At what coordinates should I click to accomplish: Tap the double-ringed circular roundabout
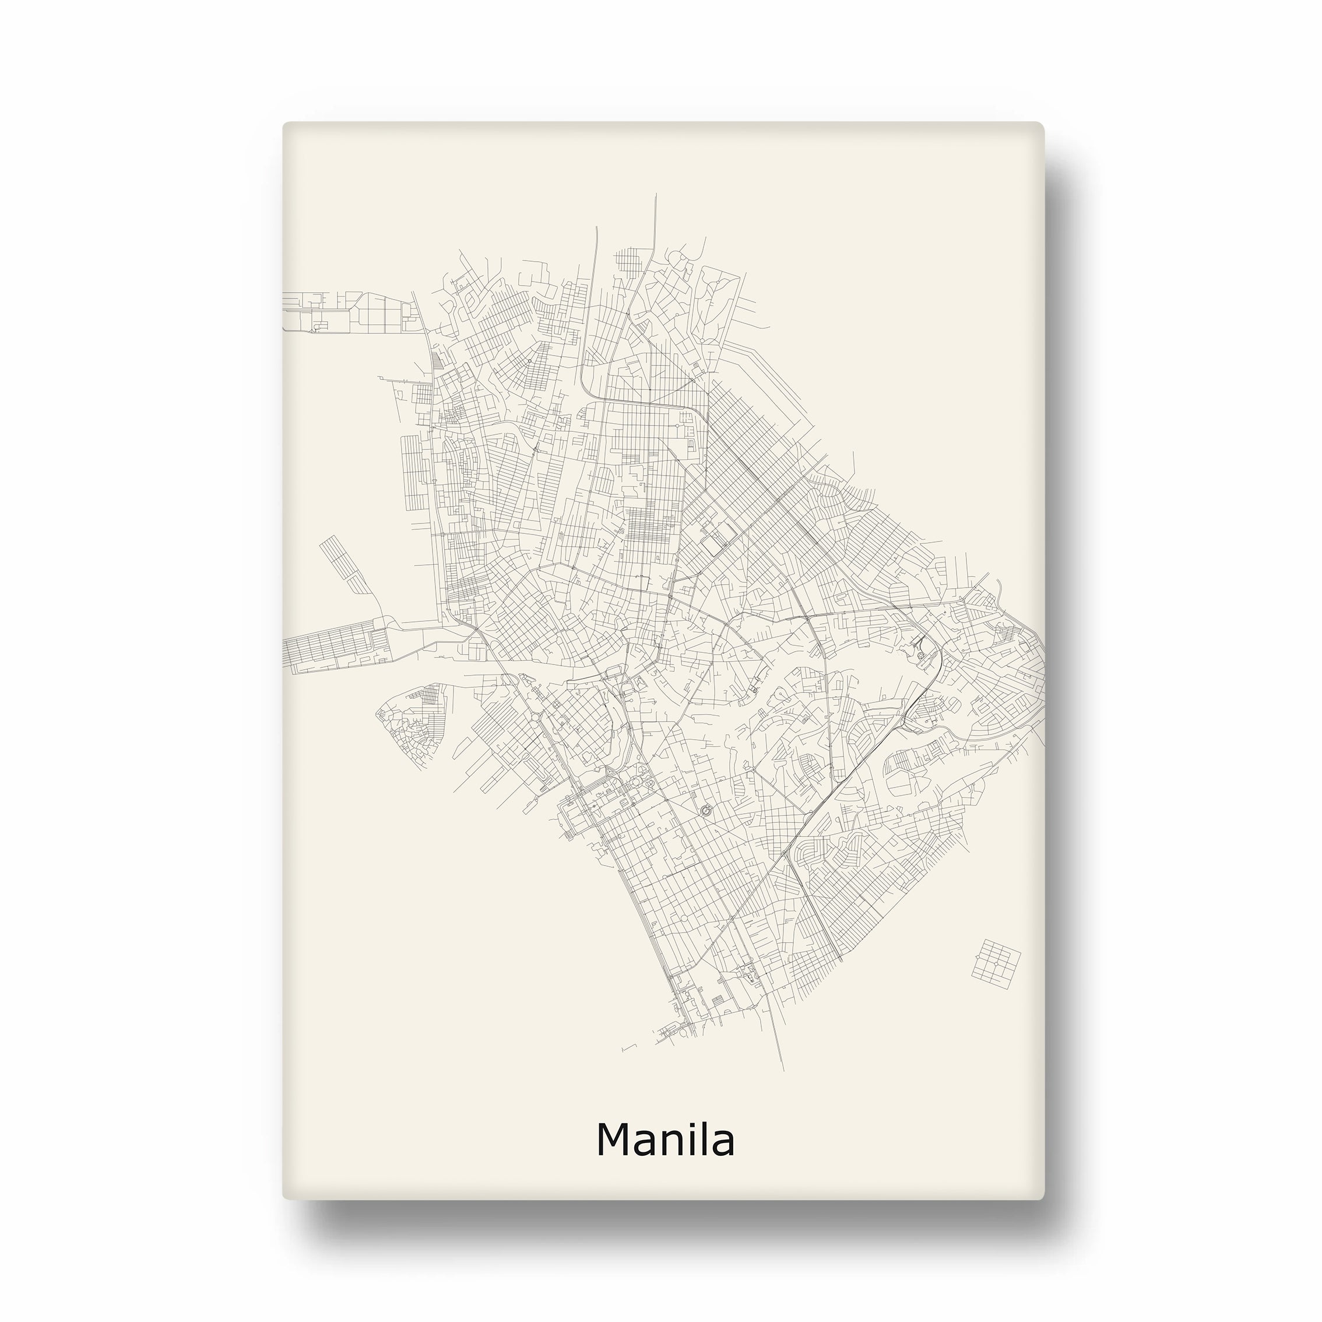click(x=707, y=812)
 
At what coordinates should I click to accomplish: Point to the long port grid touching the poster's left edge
click(x=335, y=646)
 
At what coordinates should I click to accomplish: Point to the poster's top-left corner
click(x=284, y=124)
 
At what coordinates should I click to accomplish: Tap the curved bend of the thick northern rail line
click(x=583, y=387)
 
